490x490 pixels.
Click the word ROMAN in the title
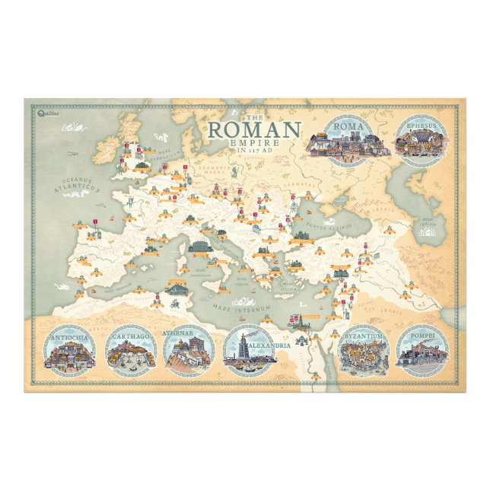click(x=254, y=130)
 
